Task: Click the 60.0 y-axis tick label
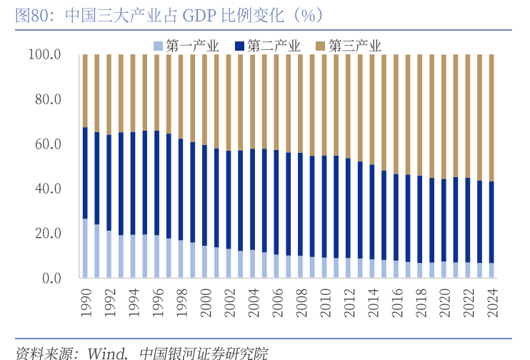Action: coord(49,144)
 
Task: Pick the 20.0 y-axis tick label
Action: coord(49,234)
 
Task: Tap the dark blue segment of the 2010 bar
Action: coord(324,207)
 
